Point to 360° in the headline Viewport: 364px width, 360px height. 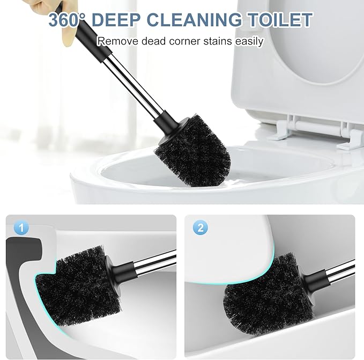coord(67,20)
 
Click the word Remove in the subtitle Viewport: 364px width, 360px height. coord(115,41)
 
